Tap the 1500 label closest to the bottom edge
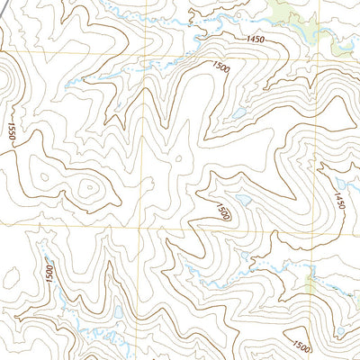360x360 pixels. click(301, 347)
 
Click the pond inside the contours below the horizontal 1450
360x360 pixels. click(238, 113)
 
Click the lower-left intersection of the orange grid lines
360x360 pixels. click(139, 229)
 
